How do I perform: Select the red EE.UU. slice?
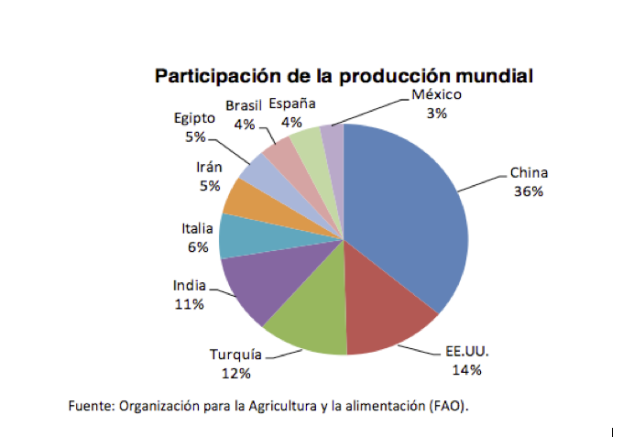pyautogui.click(x=389, y=321)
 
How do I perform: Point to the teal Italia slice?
pyautogui.click(x=240, y=235)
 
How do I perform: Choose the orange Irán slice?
pyautogui.click(x=246, y=197)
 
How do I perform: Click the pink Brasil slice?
pyautogui.click(x=279, y=152)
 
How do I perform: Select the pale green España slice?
pyautogui.click(x=306, y=141)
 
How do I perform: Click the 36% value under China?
pyautogui.click(x=529, y=192)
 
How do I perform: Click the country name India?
pyautogui.click(x=189, y=286)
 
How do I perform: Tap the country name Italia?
pyautogui.click(x=197, y=228)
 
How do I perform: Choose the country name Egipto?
pyautogui.click(x=194, y=118)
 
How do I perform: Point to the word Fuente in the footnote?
pyautogui.click(x=91, y=405)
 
